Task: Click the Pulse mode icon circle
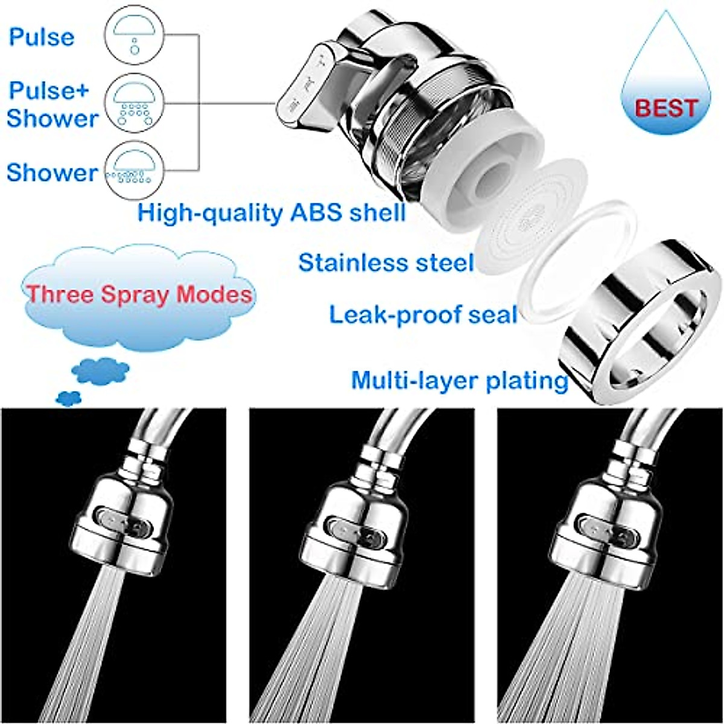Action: point(134,37)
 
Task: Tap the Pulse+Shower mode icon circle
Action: point(134,103)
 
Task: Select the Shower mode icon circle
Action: point(134,169)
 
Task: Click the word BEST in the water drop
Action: point(667,109)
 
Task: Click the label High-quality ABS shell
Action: point(271,213)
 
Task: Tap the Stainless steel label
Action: point(386,263)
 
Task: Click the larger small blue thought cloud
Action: point(100,370)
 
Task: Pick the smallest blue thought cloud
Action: point(68,398)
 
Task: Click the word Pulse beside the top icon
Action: point(41,37)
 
